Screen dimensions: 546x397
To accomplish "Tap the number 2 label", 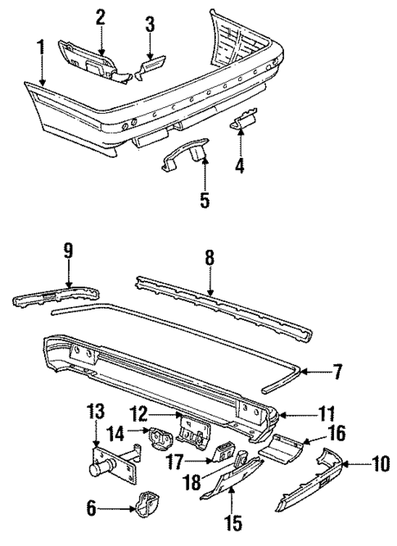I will click(100, 16).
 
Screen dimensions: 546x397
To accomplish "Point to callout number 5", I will click(205, 198).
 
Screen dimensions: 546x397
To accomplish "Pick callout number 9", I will click(68, 250).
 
